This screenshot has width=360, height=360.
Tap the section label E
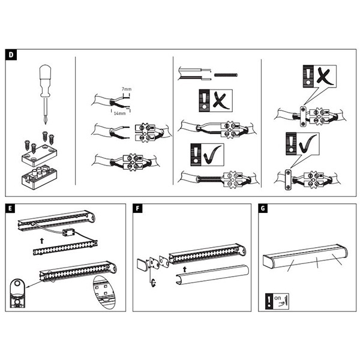pos(11,208)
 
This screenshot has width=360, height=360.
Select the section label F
pos(139,208)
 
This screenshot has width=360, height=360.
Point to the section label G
pos(262,208)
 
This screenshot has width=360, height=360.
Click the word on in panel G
pos(277,296)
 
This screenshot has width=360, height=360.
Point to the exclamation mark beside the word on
pos(267,300)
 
